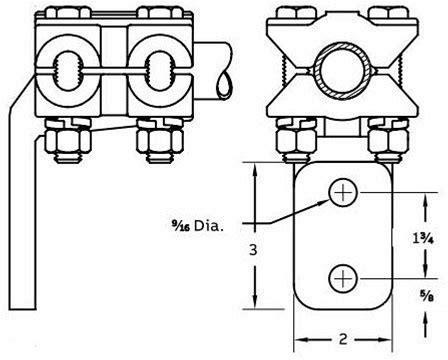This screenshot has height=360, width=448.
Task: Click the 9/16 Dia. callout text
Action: coord(197,226)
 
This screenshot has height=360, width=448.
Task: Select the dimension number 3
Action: coord(253,250)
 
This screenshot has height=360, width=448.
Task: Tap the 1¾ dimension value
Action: coord(423,238)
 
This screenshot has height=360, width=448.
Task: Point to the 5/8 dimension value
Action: coord(427,296)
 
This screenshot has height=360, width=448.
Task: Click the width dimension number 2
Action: coord(343,339)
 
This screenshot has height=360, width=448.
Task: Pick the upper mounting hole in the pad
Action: coord(343,193)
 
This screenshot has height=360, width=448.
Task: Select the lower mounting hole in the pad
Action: coord(343,278)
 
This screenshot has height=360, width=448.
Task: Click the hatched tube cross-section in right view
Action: coord(342,71)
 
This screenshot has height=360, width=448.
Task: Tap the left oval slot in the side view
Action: coord(68,71)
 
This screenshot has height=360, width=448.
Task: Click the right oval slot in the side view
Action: coord(159,71)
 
